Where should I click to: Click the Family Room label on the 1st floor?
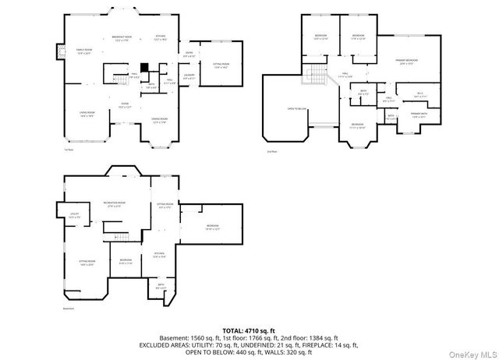[83, 51]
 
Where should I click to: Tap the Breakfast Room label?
[121, 37]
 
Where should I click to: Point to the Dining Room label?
[159, 120]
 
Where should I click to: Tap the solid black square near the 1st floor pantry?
[143, 68]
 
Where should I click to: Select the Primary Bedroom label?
[405, 62]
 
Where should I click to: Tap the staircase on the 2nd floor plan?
[316, 76]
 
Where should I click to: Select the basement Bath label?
[161, 286]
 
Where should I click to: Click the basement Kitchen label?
[158, 254]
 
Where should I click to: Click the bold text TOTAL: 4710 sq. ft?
[249, 330]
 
